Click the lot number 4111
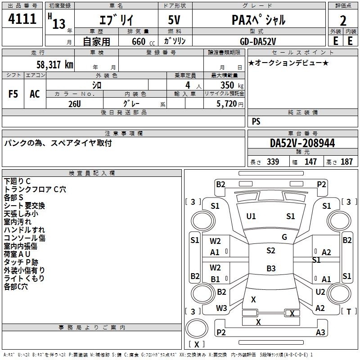[22, 19]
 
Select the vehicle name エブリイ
[116, 20]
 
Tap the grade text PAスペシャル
[258, 20]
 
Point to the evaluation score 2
[343, 21]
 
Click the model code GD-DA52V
[258, 41]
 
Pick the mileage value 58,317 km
[55, 65]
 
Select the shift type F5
[13, 94]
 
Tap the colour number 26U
[75, 104]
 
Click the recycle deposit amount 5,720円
[230, 104]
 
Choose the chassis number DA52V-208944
[302, 143]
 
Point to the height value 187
[346, 162]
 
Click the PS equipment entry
[256, 121]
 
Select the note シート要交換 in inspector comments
[24, 206]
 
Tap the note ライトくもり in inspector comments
[24, 278]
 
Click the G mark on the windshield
[284, 237]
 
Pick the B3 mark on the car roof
[271, 268]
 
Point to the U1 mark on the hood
[251, 216]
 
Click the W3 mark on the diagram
[221, 308]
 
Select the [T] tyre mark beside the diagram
[349, 311]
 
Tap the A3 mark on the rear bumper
[320, 332]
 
